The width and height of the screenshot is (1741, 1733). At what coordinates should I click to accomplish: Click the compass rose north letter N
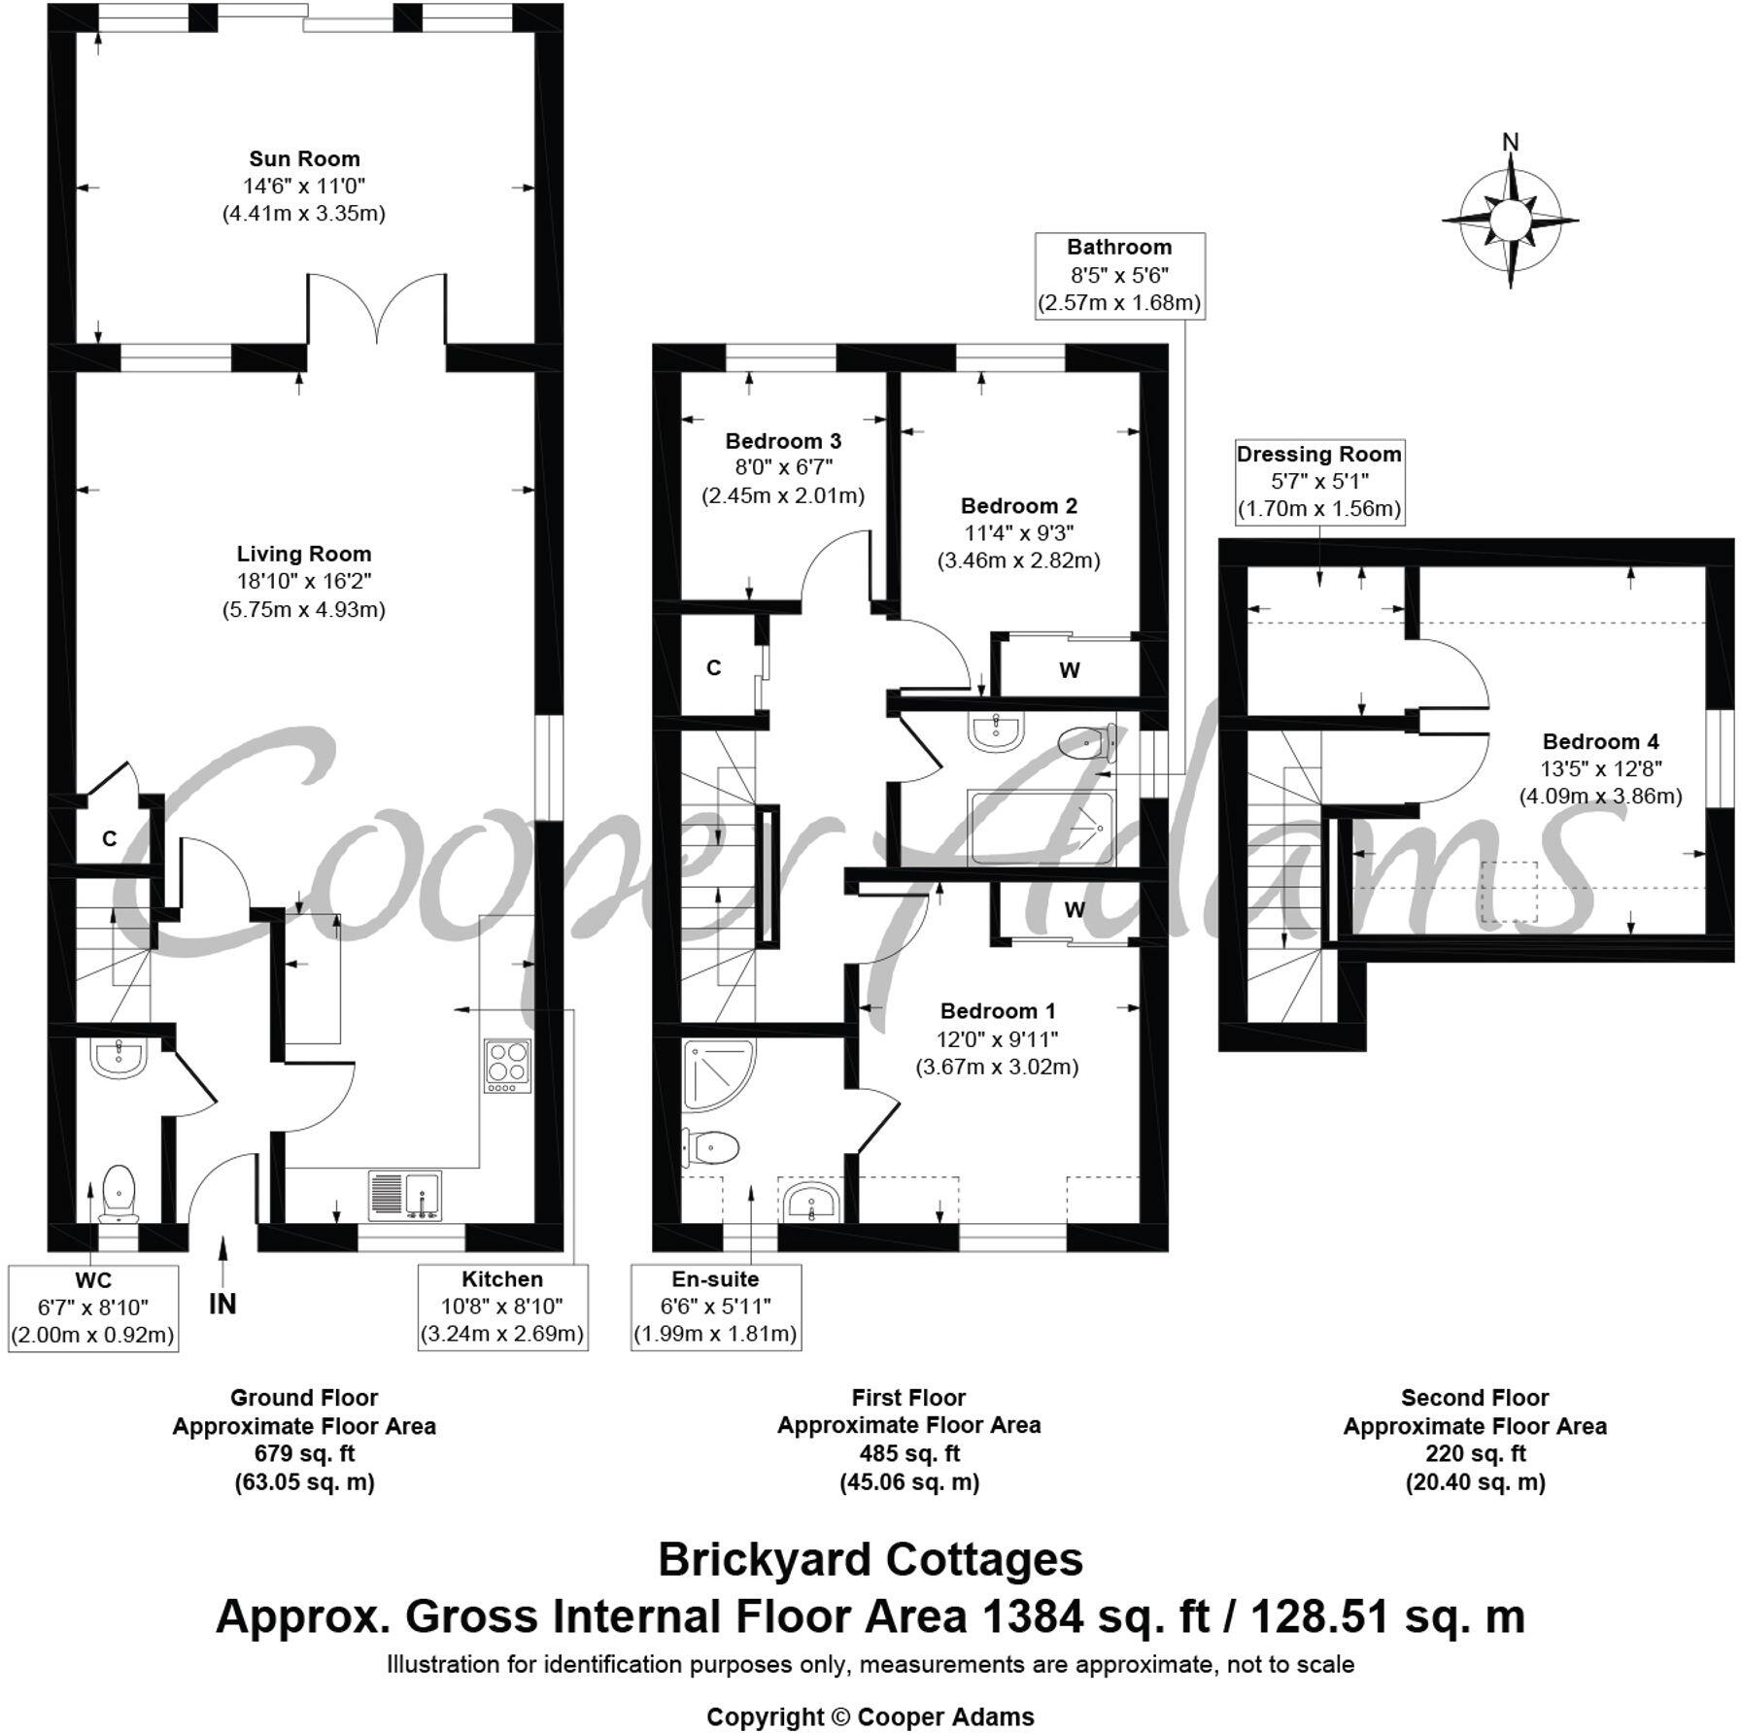pos(1510,143)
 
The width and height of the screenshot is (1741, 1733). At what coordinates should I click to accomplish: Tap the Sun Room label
pos(304,159)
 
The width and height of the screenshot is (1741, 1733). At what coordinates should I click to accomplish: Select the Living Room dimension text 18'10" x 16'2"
pos(304,582)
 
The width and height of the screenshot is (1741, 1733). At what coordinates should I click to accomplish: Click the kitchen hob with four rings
pos(506,1066)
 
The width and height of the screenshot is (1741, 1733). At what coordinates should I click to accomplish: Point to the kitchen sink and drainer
pos(404,1195)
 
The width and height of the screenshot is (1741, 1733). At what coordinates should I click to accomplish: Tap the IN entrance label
pos(222,1304)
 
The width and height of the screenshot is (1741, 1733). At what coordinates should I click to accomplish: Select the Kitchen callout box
pos(502,1307)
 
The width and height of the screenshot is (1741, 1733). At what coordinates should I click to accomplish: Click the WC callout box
pos(92,1307)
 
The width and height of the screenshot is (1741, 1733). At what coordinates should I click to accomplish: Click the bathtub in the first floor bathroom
pos(1041,827)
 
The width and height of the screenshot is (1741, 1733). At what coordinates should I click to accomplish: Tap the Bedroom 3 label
pos(783,442)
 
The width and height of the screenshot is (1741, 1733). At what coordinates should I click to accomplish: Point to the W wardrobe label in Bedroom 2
pos(1070,670)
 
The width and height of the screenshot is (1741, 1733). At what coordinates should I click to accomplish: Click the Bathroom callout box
pos(1119,275)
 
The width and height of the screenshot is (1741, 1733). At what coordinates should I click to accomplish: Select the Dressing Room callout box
pos(1318,481)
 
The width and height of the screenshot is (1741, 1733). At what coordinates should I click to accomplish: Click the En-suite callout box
pos(715,1307)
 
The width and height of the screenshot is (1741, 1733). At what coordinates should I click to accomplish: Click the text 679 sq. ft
pos(304,1454)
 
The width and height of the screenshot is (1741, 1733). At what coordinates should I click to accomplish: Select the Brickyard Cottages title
pos(870,1560)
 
